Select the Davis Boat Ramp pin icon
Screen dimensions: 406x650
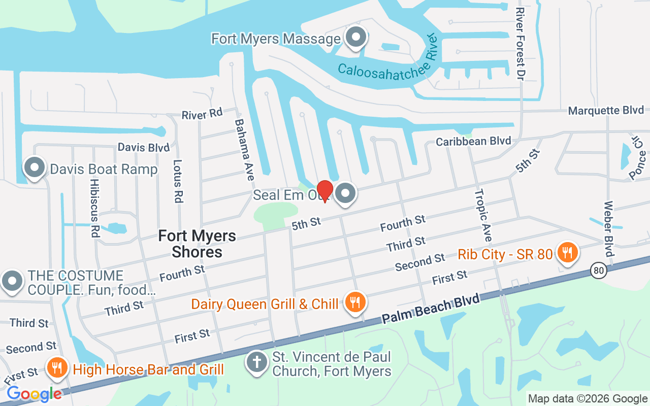(x=35, y=167)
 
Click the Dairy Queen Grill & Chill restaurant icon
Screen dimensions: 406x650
(x=354, y=302)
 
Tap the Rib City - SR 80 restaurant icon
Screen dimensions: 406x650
(x=567, y=252)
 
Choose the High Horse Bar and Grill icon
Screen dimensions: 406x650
(x=57, y=367)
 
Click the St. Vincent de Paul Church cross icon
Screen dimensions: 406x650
(x=257, y=362)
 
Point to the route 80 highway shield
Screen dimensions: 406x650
(x=599, y=270)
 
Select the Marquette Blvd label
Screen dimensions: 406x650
(x=606, y=110)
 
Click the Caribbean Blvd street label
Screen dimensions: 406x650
(x=473, y=141)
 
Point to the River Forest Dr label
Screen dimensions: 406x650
(x=519, y=44)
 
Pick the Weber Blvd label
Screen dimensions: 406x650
(x=608, y=229)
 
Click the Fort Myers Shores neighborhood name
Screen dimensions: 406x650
(x=197, y=244)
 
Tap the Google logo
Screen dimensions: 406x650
(x=34, y=394)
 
